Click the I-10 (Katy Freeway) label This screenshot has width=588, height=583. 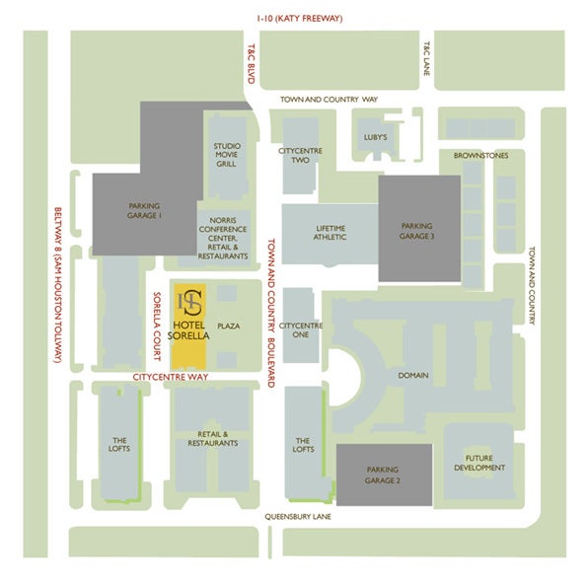[x=300, y=18]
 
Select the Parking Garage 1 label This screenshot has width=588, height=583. [x=144, y=211]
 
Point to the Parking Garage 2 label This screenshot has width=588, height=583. [x=382, y=474]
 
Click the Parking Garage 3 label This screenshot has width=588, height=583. [x=416, y=231]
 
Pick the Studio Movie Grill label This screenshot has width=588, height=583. [x=227, y=155]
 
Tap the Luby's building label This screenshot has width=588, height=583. [x=375, y=137]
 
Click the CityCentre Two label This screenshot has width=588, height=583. [x=300, y=155]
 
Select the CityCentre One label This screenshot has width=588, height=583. [x=300, y=329]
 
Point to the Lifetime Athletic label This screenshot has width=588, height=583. [x=330, y=233]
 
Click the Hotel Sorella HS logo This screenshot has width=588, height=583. [x=189, y=303]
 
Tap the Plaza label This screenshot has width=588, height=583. [x=229, y=326]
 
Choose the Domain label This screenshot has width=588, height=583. [x=413, y=375]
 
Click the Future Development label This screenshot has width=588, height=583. [x=479, y=463]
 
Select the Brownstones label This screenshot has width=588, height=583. [x=480, y=155]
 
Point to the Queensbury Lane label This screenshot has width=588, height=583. [x=298, y=517]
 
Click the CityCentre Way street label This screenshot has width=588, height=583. [x=171, y=377]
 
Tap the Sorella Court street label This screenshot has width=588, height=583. [x=157, y=327]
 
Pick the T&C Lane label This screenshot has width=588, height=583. [x=427, y=58]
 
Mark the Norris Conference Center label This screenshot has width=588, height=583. [x=223, y=238]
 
